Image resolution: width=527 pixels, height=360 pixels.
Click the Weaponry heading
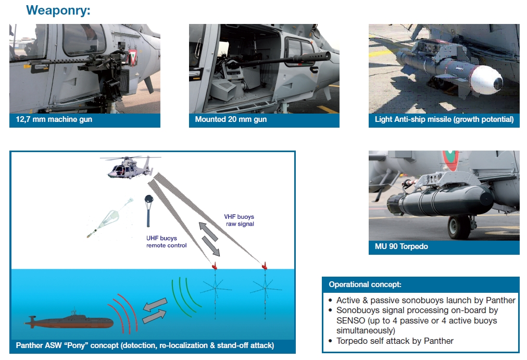pyautogui.click(x=58, y=10)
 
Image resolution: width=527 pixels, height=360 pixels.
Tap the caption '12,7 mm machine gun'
pyautogui.click(x=54, y=119)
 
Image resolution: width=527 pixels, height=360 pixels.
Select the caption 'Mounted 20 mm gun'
pyautogui.click(x=231, y=119)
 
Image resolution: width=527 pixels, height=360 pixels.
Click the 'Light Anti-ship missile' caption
pyautogui.click(x=444, y=119)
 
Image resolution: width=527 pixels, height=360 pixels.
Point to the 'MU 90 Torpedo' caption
pyautogui.click(x=401, y=246)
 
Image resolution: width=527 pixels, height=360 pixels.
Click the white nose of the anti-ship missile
pyautogui.click(x=486, y=80)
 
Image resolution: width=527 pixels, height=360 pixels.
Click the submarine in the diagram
pyautogui.click(x=69, y=321)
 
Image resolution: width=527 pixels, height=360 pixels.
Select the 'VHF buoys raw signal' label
pyautogui.click(x=240, y=220)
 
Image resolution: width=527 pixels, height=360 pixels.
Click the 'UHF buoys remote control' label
pyautogui.click(x=166, y=242)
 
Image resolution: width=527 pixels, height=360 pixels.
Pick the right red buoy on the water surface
pyautogui.click(x=265, y=266)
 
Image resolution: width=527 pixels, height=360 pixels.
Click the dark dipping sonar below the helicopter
pyautogui.click(x=148, y=210)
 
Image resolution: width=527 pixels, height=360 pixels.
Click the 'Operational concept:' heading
pyautogui.click(x=365, y=284)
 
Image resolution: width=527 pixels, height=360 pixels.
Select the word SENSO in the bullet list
pyautogui.click(x=350, y=321)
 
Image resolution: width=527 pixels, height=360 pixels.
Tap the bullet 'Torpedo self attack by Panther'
pyautogui.click(x=395, y=341)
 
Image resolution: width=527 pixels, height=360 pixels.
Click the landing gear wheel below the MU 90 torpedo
pyautogui.click(x=458, y=227)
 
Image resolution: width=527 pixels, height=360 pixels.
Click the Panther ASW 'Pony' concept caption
pyautogui.click(x=145, y=345)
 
